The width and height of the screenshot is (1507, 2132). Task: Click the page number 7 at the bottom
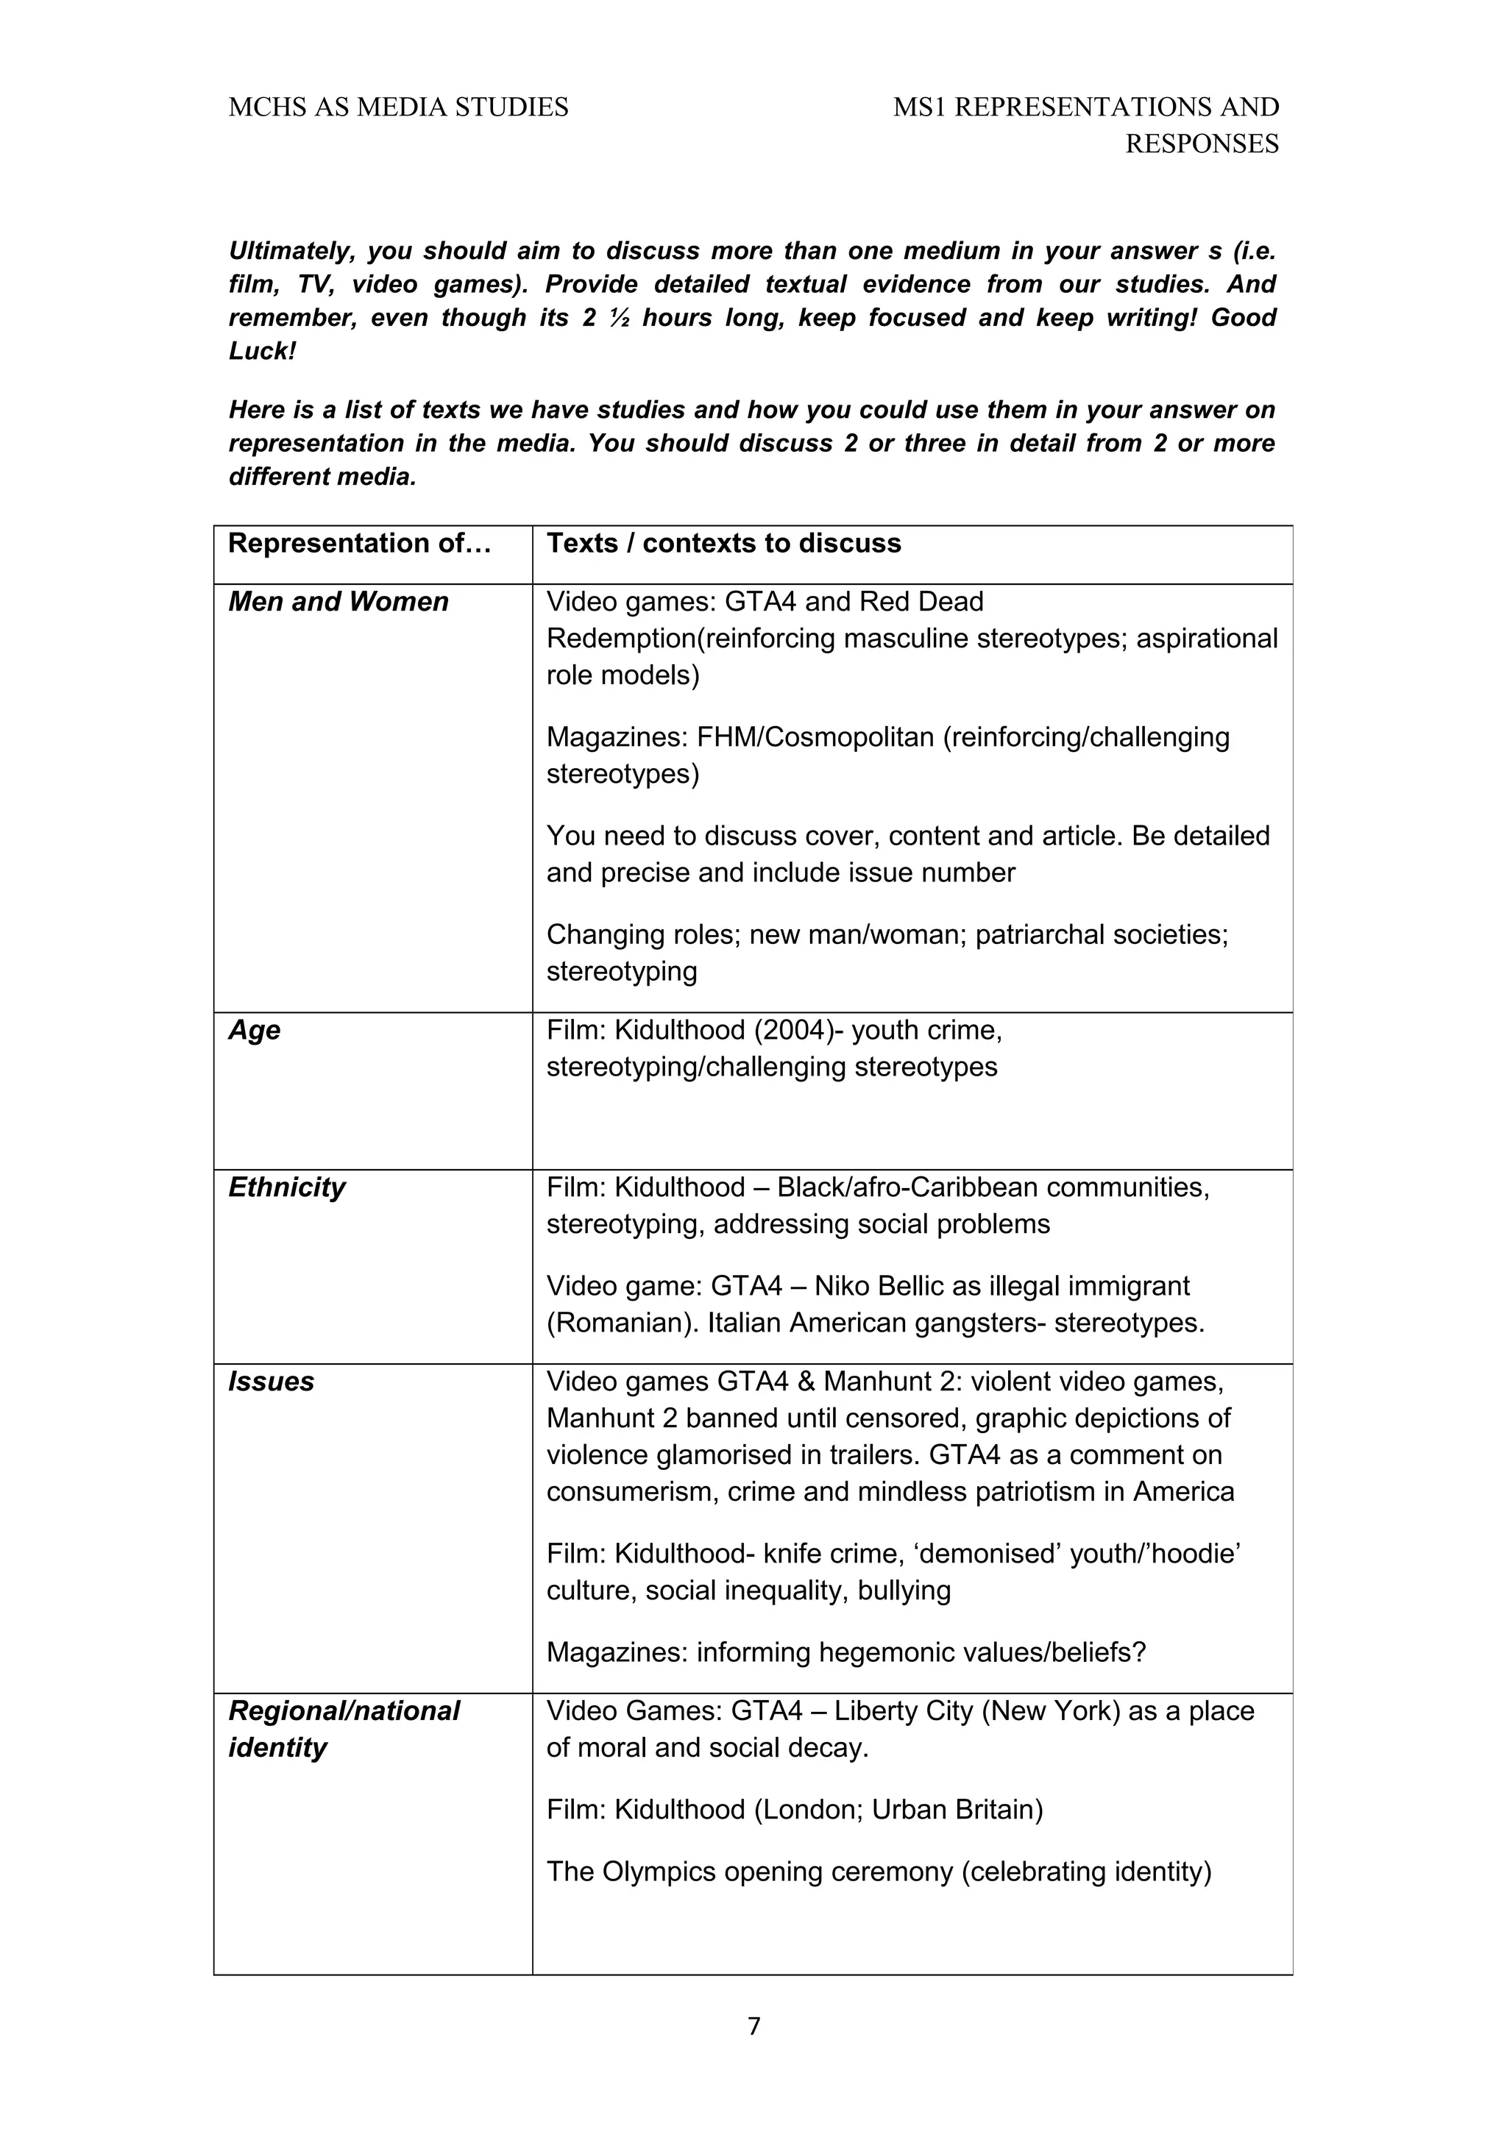pyautogui.click(x=753, y=2026)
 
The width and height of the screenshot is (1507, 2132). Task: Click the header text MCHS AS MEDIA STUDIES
pyautogui.click(x=398, y=107)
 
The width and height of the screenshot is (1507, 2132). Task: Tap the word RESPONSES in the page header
pyautogui.click(x=1202, y=144)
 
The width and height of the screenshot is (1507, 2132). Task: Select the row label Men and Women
pyautogui.click(x=338, y=602)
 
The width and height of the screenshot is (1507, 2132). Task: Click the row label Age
pyautogui.click(x=255, y=1030)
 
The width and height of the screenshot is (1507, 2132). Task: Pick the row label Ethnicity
pyautogui.click(x=286, y=1187)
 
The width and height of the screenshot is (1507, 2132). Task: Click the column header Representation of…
pyautogui.click(x=359, y=543)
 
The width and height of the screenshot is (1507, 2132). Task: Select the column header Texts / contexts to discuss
pyautogui.click(x=723, y=543)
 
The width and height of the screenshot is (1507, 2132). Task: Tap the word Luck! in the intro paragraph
pyautogui.click(x=263, y=351)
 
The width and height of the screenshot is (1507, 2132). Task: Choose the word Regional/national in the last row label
pyautogui.click(x=344, y=1710)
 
